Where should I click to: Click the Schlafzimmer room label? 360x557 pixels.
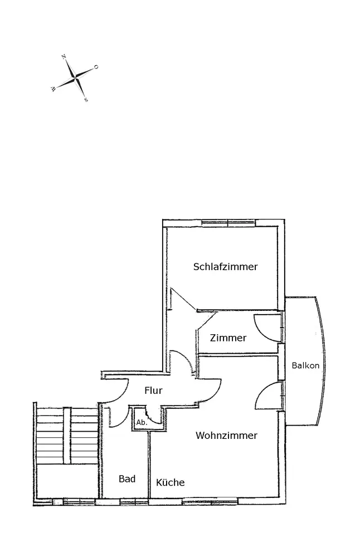coord(225,267)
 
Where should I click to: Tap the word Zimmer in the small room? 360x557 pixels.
coord(228,338)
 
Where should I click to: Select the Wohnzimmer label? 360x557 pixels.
coord(226,436)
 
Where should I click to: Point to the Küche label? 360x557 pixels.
coord(170,482)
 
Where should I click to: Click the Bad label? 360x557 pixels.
coord(127,479)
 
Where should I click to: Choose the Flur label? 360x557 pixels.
coord(153,390)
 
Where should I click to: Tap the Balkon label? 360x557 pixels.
coord(305,366)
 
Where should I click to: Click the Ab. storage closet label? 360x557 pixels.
coord(141,422)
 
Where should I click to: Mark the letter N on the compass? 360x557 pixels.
coord(64,57)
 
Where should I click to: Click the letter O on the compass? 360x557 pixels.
coord(96,67)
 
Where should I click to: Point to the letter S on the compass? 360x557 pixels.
coord(86,100)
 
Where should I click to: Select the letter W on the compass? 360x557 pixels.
coord(53,89)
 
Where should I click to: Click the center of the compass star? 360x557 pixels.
coord(75,79)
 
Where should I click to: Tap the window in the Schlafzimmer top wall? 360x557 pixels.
coord(228,223)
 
